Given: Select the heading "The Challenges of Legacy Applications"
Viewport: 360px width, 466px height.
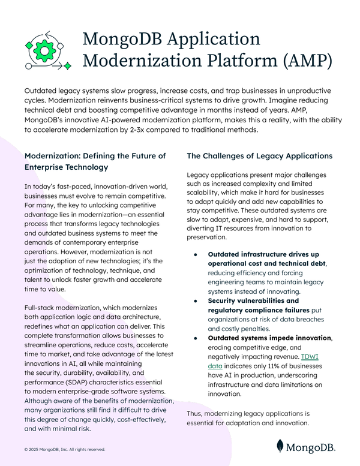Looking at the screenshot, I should (x=259, y=156).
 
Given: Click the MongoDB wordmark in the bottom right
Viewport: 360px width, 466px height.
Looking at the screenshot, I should (x=311, y=446).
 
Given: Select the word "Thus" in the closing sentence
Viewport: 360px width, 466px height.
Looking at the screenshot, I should (x=196, y=413).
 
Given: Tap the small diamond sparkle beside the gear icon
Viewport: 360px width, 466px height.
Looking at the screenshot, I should (x=67, y=64).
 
